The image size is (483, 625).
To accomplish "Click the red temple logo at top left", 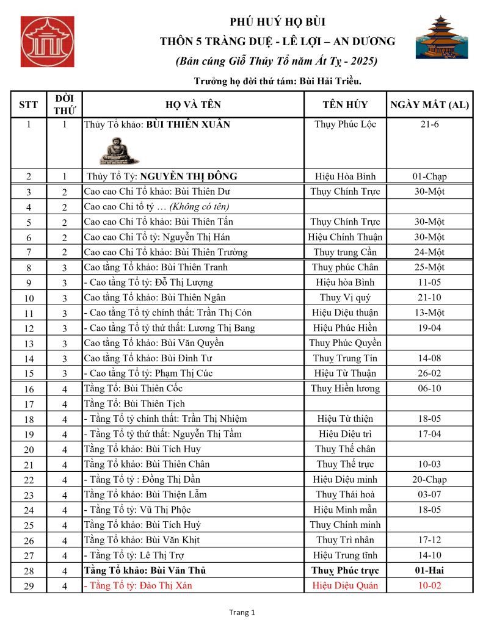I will pyautogui.click(x=47, y=42).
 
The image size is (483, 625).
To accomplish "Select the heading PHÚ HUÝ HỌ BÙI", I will pyautogui.click(x=277, y=23).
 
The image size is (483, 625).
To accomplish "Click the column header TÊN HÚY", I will pyautogui.click(x=345, y=104).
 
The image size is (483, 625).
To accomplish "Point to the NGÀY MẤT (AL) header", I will pyautogui.click(x=429, y=104).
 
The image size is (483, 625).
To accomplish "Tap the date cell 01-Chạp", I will pyautogui.click(x=429, y=176).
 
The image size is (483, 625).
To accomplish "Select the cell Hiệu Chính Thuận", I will pyautogui.click(x=345, y=237).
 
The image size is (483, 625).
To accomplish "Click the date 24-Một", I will pyautogui.click(x=429, y=252).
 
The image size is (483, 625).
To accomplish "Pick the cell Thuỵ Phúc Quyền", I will pyautogui.click(x=345, y=342).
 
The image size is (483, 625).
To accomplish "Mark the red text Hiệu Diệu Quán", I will pyautogui.click(x=345, y=585).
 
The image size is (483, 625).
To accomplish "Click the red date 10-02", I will pyautogui.click(x=429, y=585).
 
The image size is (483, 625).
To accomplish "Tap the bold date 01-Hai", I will pyautogui.click(x=429, y=571).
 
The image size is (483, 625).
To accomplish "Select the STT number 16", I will pyautogui.click(x=28, y=389).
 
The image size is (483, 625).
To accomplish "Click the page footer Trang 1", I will pyautogui.click(x=242, y=612).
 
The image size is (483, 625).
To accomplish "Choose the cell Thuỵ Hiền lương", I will pyautogui.click(x=345, y=388).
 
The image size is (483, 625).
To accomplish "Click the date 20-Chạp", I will pyautogui.click(x=429, y=479).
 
